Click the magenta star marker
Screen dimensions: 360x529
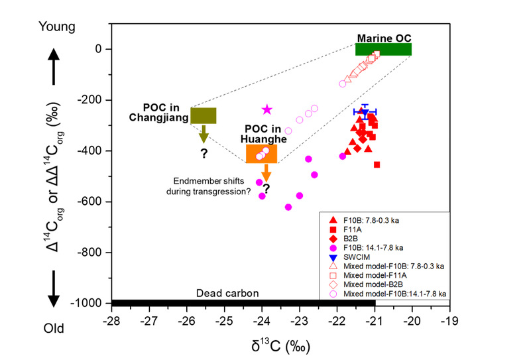pos(267,109)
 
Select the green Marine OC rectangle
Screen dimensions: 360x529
pos(383,49)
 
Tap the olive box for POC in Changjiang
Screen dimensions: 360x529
pos(203,115)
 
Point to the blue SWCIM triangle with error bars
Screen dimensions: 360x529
pos(365,113)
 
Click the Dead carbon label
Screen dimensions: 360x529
pos(227,293)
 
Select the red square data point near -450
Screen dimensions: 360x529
pos(377,164)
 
